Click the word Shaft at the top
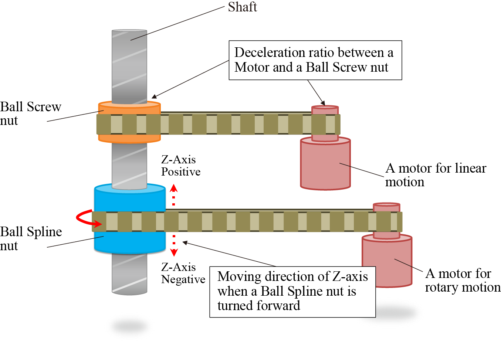pos(242,7)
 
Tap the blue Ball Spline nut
pos(129,200)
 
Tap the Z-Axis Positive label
pos(181,166)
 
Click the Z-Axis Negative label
pos(183,273)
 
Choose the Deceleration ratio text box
pos(315,60)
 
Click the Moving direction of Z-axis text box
pos(292,292)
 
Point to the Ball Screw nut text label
pos(30,113)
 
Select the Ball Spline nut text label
pos(30,238)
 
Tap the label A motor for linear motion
pos(436,175)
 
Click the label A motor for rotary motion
pos(462,280)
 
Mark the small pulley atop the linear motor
pos(325,110)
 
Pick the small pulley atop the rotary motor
pos(387,207)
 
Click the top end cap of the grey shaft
pos(129,31)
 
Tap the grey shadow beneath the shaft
pos(129,326)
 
